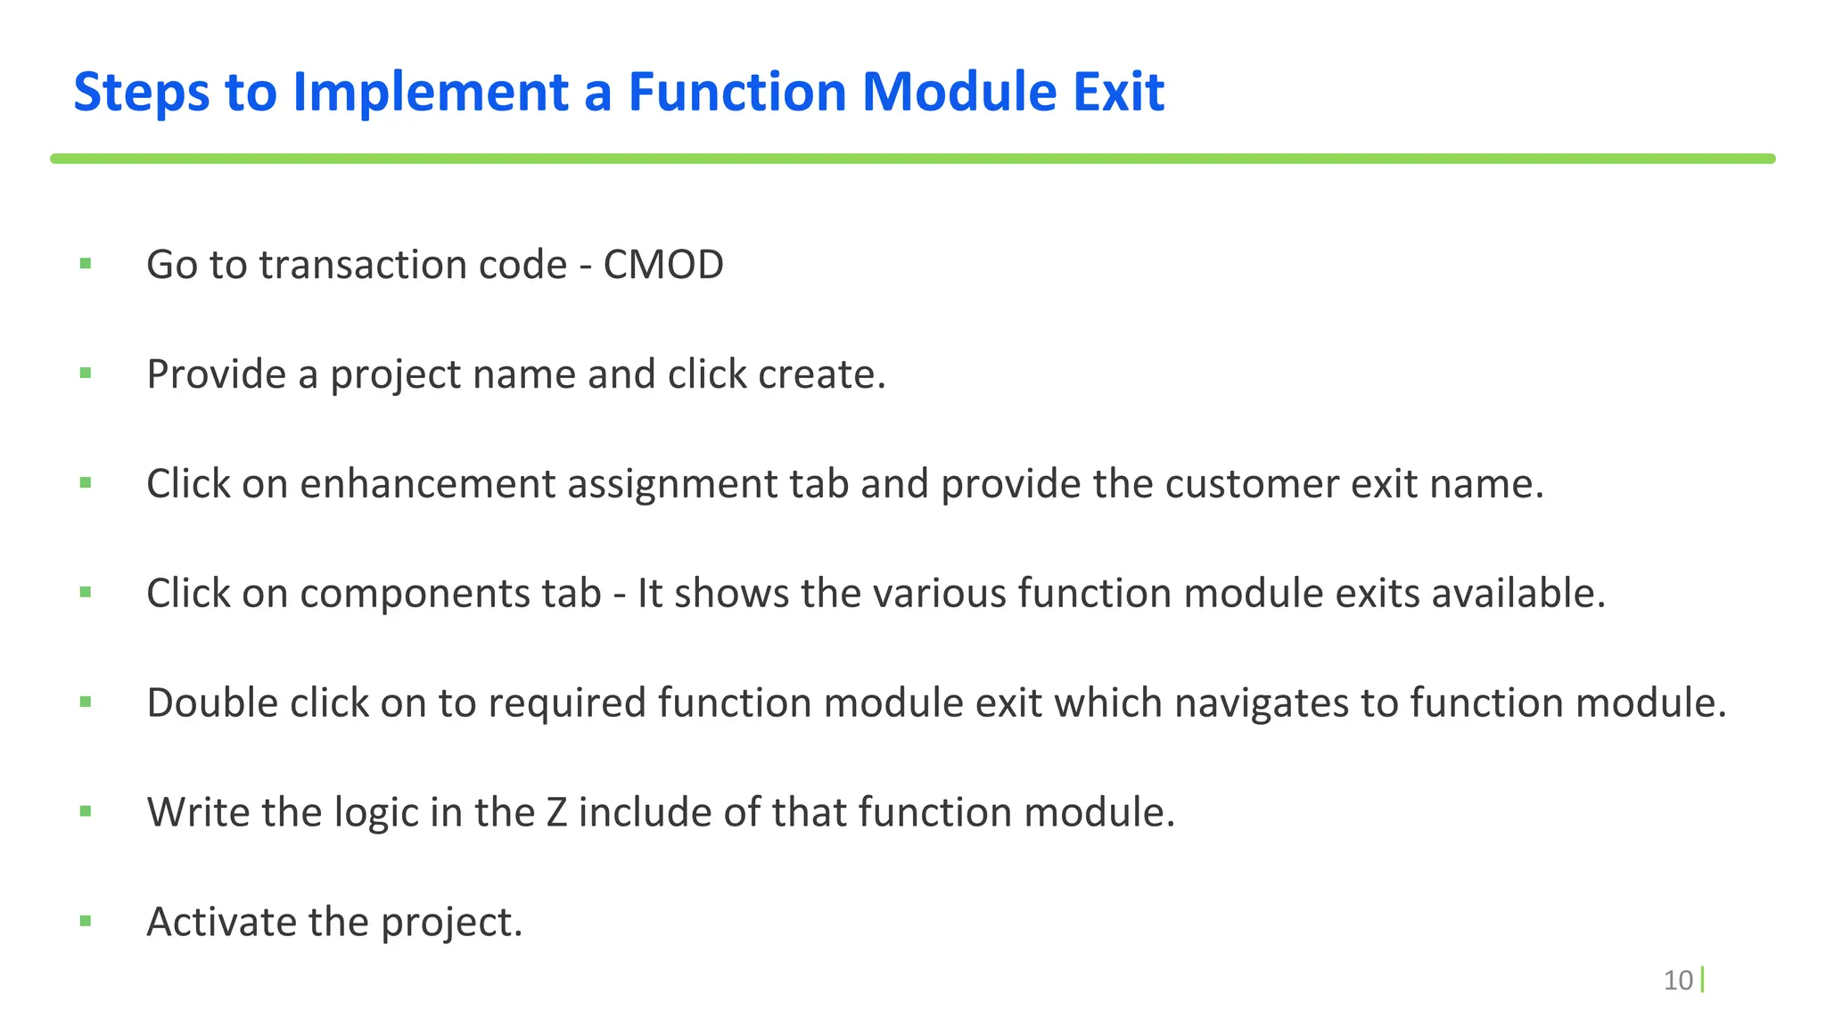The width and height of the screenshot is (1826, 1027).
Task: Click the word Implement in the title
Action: click(431, 92)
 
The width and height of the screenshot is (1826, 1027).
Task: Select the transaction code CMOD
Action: click(663, 265)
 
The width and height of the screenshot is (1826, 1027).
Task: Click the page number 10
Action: click(1678, 980)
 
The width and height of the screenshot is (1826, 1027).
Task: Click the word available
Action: click(1518, 594)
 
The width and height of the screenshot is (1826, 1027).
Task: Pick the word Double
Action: click(212, 703)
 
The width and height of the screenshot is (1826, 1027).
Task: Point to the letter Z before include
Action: click(556, 812)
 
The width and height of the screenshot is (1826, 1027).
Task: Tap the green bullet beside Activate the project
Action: click(86, 921)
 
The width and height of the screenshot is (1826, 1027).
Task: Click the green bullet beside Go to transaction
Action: click(86, 263)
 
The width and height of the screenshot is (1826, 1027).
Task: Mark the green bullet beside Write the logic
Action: click(86, 811)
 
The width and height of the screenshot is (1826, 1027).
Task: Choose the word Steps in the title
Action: click(142, 92)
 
